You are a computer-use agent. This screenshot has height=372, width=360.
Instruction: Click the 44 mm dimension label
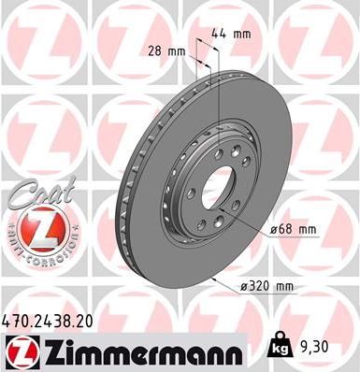[x=233, y=34]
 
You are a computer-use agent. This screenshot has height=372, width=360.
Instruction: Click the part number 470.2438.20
[x=50, y=321]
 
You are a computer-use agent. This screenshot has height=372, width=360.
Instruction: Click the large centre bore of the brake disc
[x=221, y=177]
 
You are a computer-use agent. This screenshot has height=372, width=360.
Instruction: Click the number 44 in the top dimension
[x=223, y=34]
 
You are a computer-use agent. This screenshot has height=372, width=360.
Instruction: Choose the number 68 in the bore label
[x=291, y=227]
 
